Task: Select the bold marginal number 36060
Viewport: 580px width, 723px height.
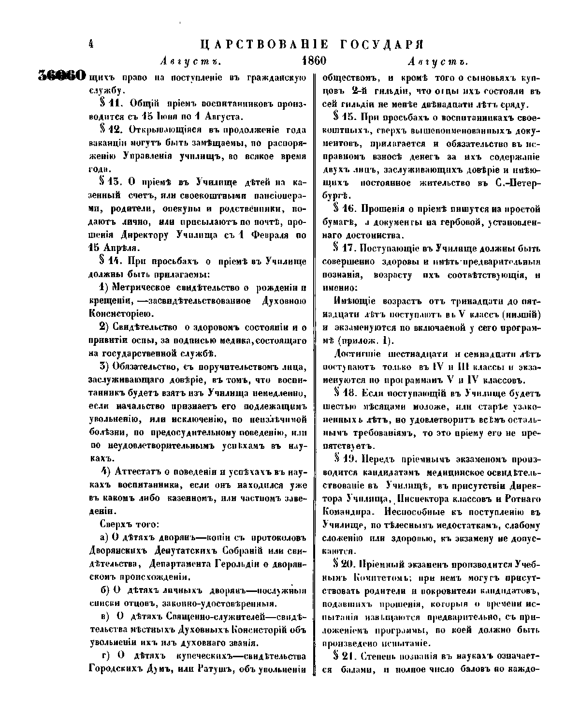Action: [x=61, y=76]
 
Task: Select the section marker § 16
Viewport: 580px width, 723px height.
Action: [x=344, y=209]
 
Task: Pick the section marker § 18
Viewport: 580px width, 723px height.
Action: [x=344, y=392]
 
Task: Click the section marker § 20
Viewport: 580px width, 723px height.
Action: [x=344, y=564]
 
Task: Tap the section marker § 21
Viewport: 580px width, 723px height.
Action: [x=344, y=657]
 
